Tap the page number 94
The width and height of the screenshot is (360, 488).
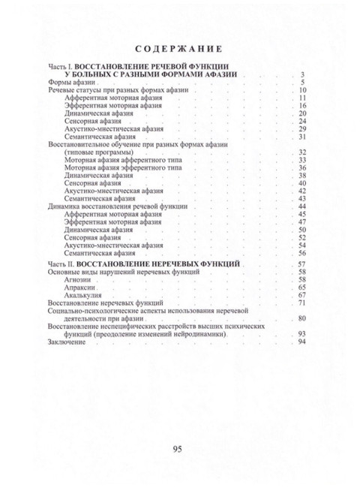(303, 342)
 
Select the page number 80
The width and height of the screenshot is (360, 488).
(303, 318)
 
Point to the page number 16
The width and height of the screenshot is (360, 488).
(303, 106)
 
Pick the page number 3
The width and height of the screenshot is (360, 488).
(303, 74)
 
